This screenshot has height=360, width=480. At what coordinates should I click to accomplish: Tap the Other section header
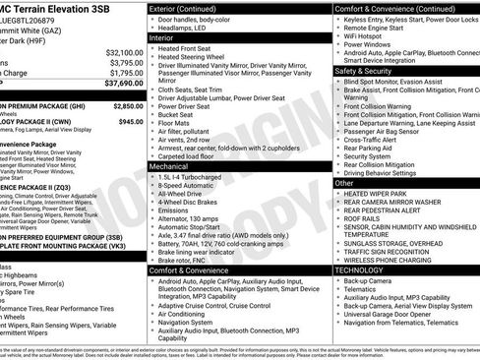[x=345, y=183]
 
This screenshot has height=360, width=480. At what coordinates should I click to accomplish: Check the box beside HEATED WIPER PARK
[x=338, y=195]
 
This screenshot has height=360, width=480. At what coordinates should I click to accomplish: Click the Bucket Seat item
[x=177, y=114]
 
